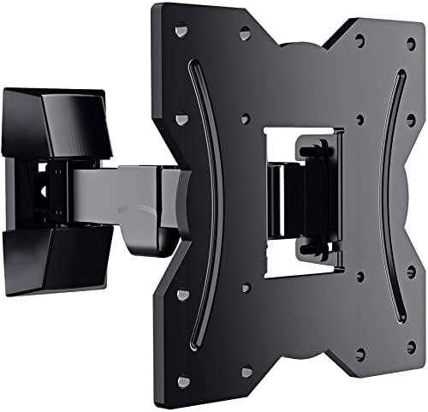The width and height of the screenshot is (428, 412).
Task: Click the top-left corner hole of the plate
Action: click(182, 32)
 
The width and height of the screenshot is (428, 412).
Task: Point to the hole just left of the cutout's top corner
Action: click(246, 117)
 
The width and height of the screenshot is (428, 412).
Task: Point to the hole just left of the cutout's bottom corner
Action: click(245, 289)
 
